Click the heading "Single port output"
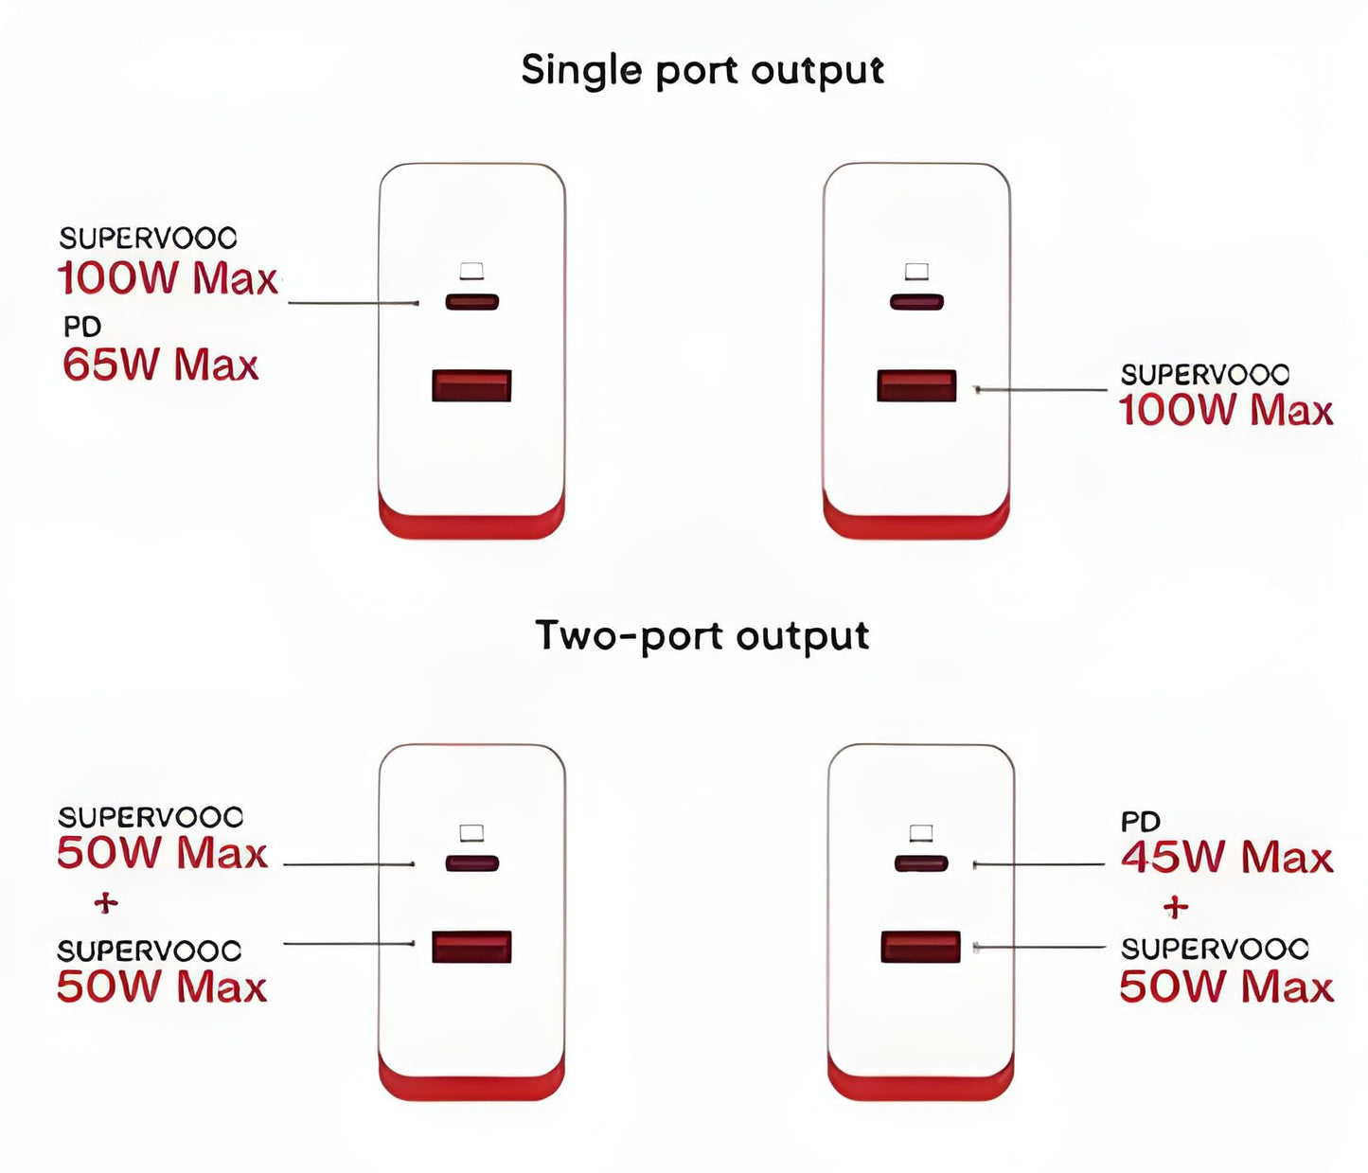702,71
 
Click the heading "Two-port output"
702,635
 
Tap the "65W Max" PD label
160,365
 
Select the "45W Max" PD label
1226,858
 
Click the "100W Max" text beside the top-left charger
167,278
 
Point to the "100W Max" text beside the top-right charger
1225,411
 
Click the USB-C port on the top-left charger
471,302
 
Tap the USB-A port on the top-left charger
471,386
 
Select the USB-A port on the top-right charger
916,386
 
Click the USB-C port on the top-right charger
916,302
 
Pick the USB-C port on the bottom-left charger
471,863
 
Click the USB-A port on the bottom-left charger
471,947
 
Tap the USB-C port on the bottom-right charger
921,863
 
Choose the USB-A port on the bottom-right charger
920,947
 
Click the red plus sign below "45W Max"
1176,907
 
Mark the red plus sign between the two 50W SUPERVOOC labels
106,903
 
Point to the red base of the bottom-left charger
471,1086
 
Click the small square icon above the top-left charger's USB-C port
471,272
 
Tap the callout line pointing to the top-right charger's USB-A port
1041,389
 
